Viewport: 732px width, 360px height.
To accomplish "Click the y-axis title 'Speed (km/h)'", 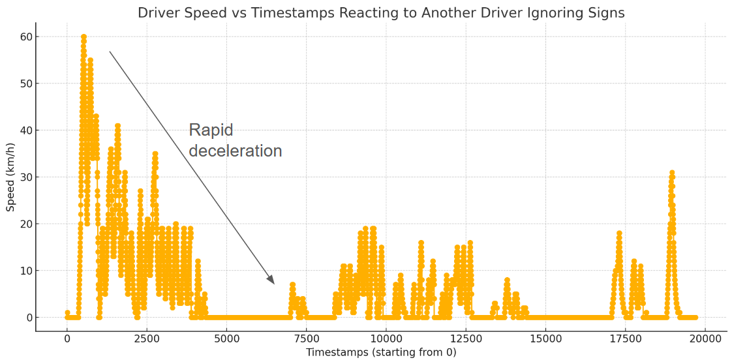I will tap(11, 177).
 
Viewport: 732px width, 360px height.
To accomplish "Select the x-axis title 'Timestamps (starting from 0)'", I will tap(381, 352).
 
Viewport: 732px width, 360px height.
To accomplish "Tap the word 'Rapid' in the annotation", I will tap(211, 130).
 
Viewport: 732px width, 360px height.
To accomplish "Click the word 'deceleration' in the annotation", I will tap(236, 151).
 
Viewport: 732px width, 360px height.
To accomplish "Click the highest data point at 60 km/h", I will tap(84, 37).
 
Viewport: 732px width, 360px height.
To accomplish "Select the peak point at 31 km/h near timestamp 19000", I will tap(672, 173).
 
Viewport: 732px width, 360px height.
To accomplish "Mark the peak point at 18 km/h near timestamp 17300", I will tap(619, 233).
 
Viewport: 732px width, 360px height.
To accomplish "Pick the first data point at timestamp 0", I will tap(67, 313).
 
